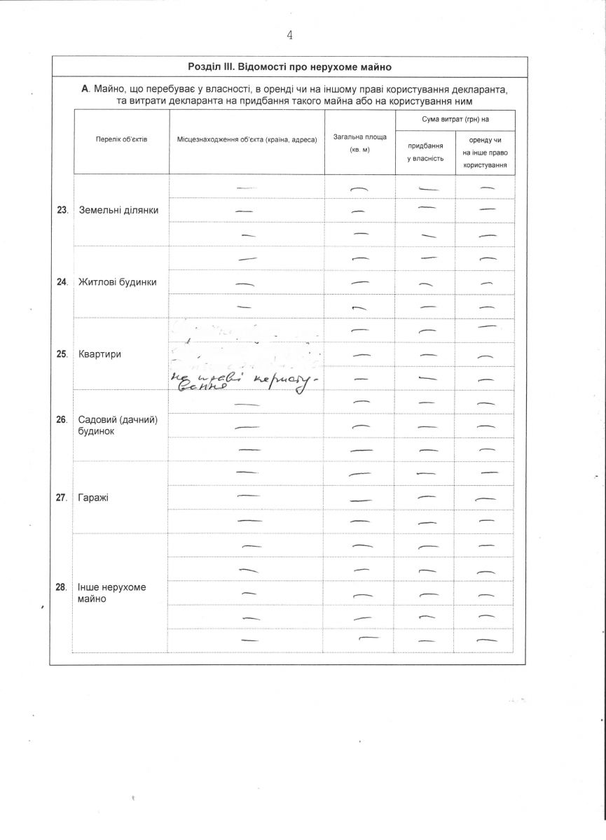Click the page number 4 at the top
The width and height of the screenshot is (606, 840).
point(289,35)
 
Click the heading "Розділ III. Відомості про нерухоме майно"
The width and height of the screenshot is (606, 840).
point(289,67)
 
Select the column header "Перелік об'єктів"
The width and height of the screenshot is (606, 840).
point(122,139)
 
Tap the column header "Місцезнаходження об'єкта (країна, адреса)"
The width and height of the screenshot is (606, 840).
point(247,139)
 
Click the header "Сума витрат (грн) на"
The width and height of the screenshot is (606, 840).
point(455,120)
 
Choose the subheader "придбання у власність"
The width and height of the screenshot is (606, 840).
point(425,152)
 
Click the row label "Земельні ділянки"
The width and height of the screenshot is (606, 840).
point(119,210)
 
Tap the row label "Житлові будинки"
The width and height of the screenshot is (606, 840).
point(118,282)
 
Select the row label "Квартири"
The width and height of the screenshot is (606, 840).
point(100,354)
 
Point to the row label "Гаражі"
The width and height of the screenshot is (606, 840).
point(94,498)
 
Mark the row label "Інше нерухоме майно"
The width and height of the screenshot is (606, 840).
point(112,593)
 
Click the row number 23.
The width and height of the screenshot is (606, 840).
point(62,210)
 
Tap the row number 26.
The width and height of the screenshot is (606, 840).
point(62,420)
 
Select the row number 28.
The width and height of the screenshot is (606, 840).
point(62,587)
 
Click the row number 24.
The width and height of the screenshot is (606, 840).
point(62,282)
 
